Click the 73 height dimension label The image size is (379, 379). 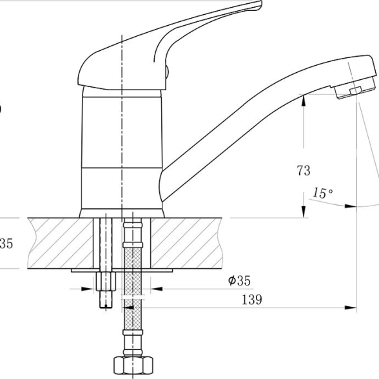(304, 170)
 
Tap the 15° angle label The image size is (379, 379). (322, 193)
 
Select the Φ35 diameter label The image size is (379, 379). (239, 280)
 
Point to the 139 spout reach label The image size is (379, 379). (252, 300)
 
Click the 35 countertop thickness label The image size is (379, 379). (6, 244)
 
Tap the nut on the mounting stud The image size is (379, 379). (106, 281)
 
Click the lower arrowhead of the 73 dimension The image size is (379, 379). (304, 211)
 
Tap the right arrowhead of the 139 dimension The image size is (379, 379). (351, 307)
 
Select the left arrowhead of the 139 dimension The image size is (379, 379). (128, 307)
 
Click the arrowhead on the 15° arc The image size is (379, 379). (351, 206)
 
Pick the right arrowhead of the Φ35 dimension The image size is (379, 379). (157, 289)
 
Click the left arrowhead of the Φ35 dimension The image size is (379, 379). (87, 289)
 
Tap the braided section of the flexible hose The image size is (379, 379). (133, 287)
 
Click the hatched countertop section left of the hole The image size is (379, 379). (61, 243)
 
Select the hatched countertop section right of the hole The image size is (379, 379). (186, 243)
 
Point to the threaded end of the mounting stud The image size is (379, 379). (106, 299)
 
